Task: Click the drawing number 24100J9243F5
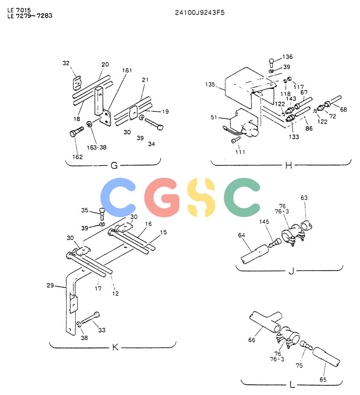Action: point(200,13)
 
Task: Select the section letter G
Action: point(114,166)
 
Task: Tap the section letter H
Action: point(289,166)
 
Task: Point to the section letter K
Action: point(115,347)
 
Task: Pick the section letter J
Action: point(291,271)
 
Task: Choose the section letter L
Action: point(292,385)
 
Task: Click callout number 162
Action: point(77,157)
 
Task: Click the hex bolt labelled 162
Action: point(77,132)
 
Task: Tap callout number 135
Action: point(210,85)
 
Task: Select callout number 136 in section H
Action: point(287,56)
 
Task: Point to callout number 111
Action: point(240,152)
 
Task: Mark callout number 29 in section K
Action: point(51,286)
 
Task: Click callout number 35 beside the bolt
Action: point(85,210)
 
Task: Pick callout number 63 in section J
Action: point(304,198)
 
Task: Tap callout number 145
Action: point(264,222)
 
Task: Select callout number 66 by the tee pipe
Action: point(252,340)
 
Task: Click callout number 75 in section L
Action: point(299,365)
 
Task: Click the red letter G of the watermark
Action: point(162,197)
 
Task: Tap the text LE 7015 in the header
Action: point(19,10)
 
